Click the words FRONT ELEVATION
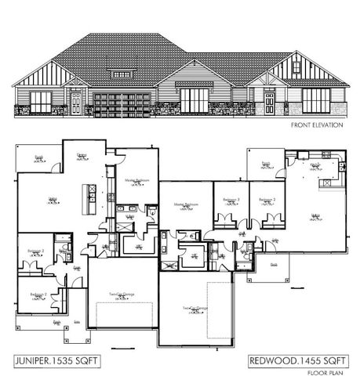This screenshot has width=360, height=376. [316, 125]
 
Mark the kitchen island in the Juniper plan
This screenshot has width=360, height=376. [89, 191]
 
